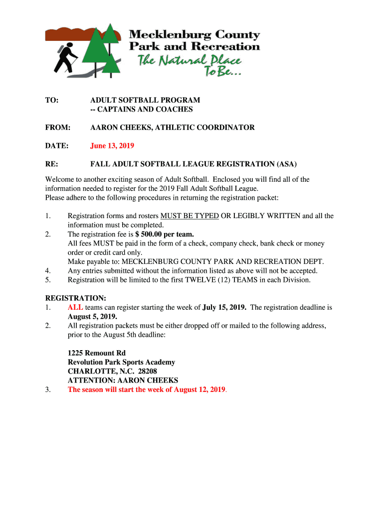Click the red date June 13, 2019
[112, 146]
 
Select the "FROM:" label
[57, 127]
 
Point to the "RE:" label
[51, 164]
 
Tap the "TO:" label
[51, 101]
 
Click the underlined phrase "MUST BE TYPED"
[190, 216]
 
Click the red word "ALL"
[75, 307]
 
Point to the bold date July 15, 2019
[224, 307]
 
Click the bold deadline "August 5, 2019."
[92, 317]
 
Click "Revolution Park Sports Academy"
[121, 362]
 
